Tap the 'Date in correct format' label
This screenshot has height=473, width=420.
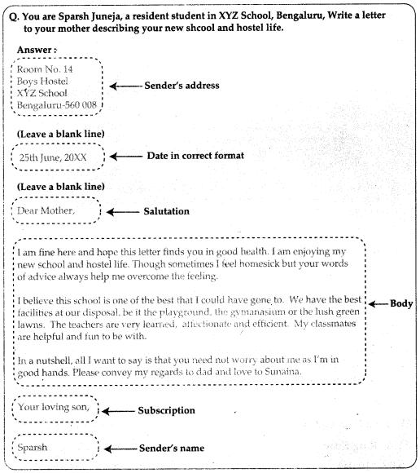[x=195, y=156]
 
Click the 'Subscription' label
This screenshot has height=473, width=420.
[x=172, y=410]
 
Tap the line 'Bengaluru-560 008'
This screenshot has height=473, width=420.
[x=56, y=105]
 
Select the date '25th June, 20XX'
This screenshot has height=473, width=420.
[x=54, y=157]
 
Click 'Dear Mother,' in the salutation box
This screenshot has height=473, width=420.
[x=46, y=211]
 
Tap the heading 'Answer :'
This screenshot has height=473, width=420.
[x=37, y=49]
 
